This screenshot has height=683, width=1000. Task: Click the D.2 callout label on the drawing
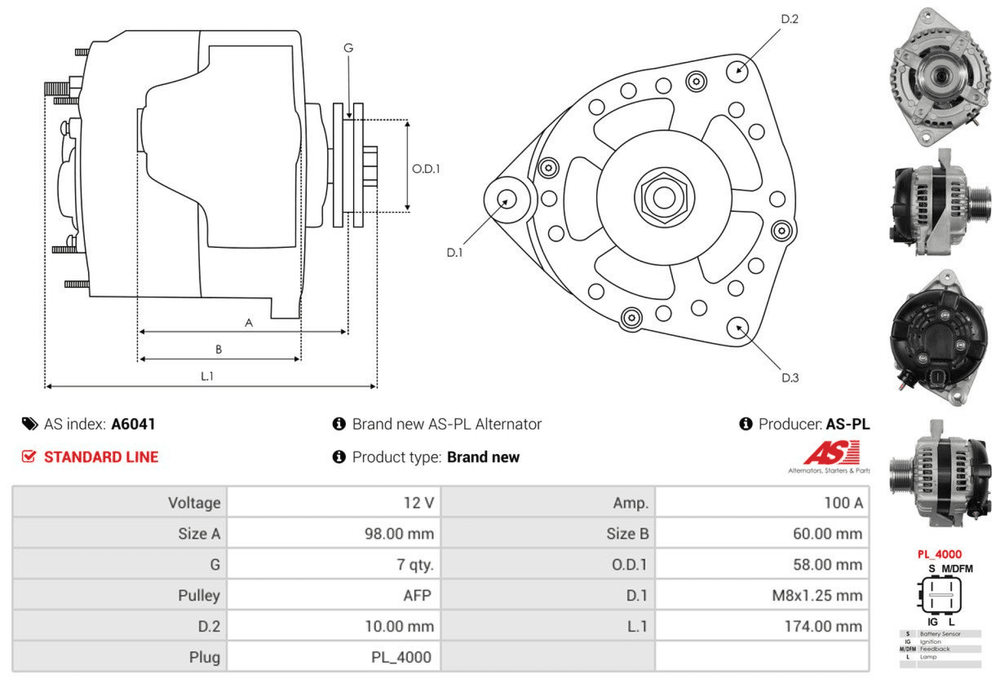pyautogui.click(x=789, y=19)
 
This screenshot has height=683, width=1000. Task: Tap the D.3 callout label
pyautogui.click(x=790, y=377)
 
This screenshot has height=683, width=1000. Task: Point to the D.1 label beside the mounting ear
pyautogui.click(x=455, y=252)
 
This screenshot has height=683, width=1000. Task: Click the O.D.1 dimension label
pyautogui.click(x=426, y=168)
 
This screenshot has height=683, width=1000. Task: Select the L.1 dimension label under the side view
pyautogui.click(x=208, y=376)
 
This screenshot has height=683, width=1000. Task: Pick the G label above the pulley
pyautogui.click(x=348, y=48)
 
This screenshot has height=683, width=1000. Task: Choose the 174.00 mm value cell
pyautogui.click(x=825, y=626)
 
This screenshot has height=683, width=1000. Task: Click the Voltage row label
pyautogui.click(x=194, y=503)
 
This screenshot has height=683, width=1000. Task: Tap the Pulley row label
pyautogui.click(x=199, y=595)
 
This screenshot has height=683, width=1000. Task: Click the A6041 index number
pyautogui.click(x=133, y=424)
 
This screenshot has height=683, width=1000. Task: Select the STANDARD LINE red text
pyautogui.click(x=101, y=457)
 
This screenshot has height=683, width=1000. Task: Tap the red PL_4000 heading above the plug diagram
pyautogui.click(x=940, y=553)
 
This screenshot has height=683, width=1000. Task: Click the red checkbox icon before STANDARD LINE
pyautogui.click(x=29, y=457)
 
